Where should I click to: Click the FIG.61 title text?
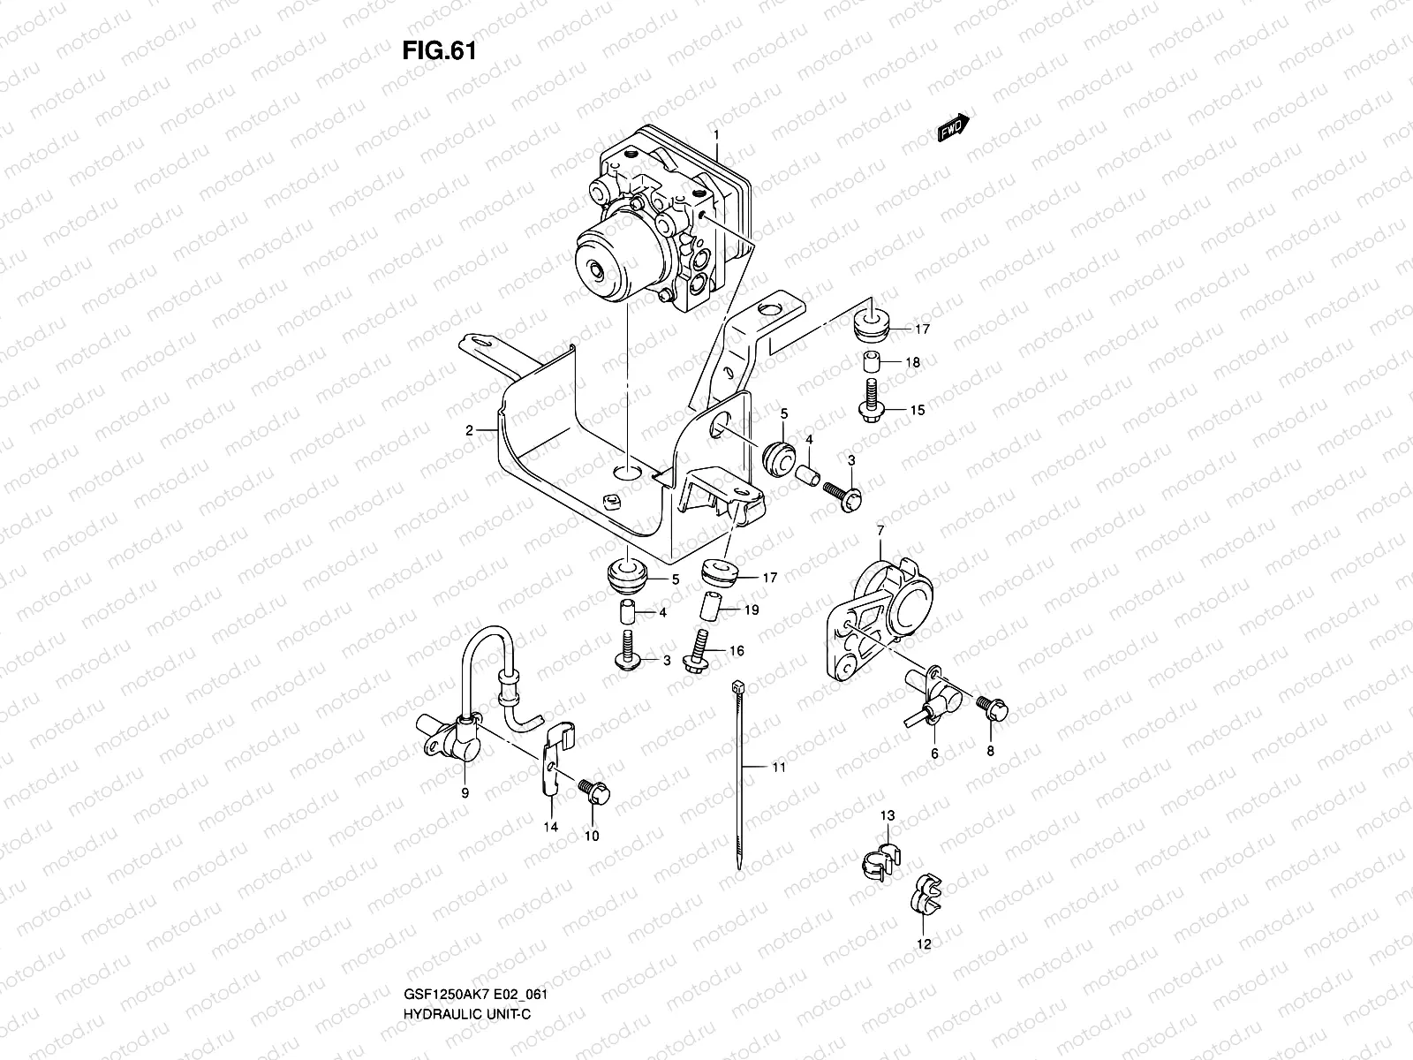[x=439, y=51]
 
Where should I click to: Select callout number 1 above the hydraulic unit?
[x=717, y=135]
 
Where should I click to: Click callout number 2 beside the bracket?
[x=472, y=430]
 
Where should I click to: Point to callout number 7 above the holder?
[x=880, y=529]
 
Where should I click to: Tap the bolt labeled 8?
[x=991, y=707]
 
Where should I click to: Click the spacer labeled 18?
[x=871, y=362]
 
